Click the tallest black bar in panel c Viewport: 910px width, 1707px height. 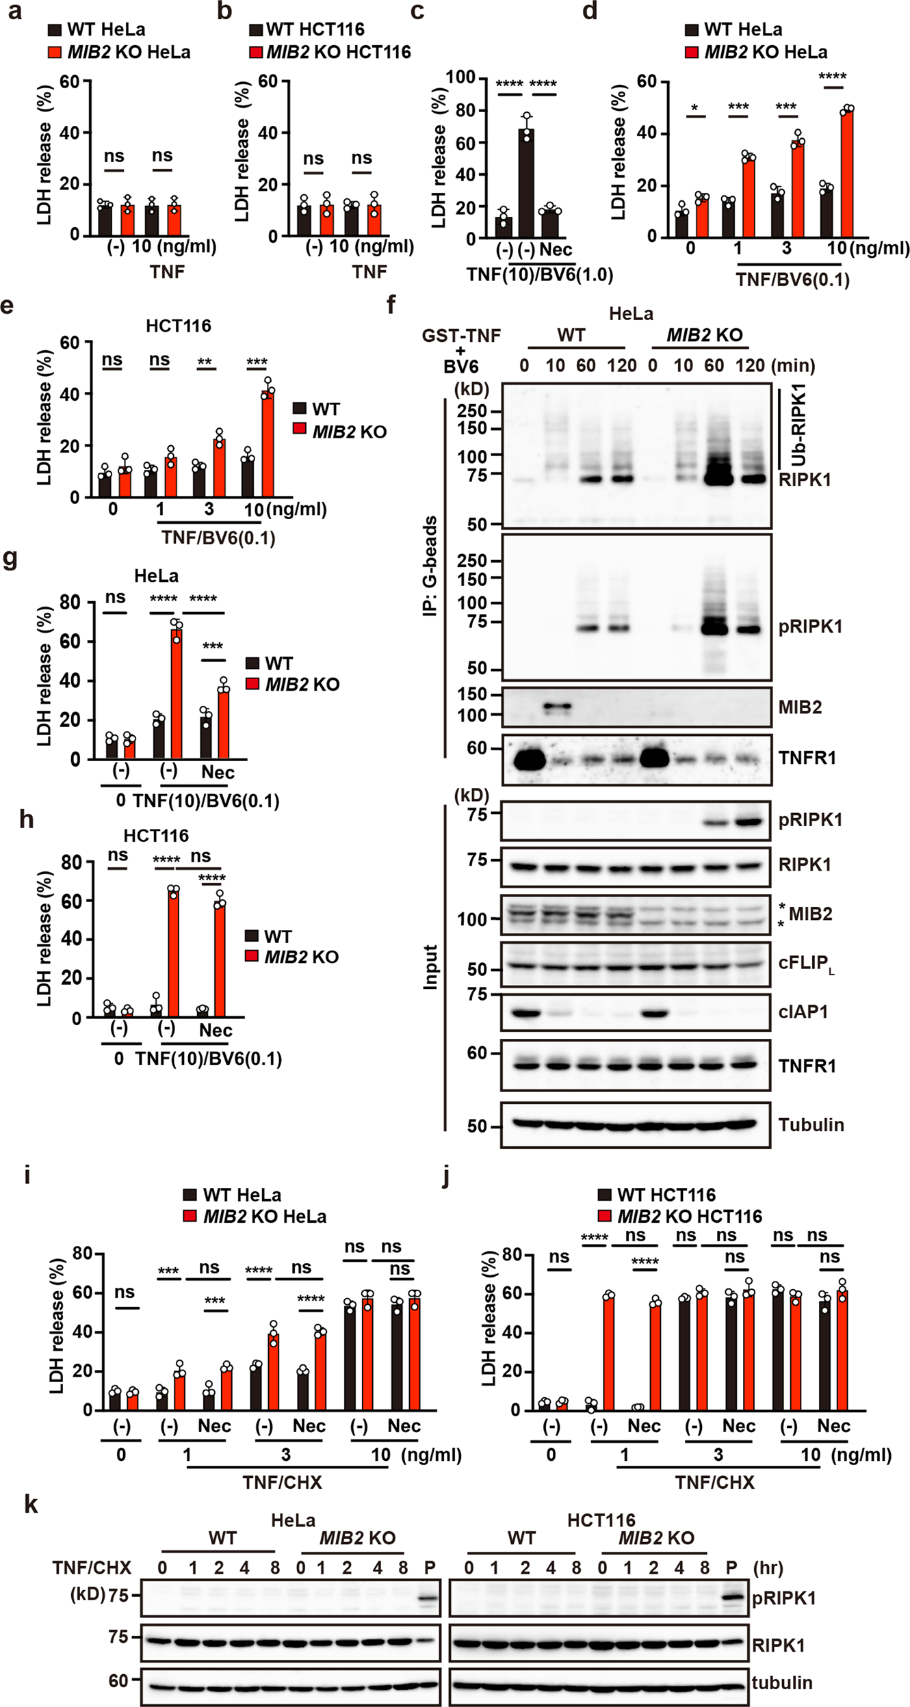pyautogui.click(x=526, y=182)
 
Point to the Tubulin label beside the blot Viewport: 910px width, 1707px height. pyautogui.click(x=811, y=1124)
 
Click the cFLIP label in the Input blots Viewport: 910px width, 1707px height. pyautogui.click(x=806, y=964)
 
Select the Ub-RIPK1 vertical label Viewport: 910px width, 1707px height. pyautogui.click(x=798, y=425)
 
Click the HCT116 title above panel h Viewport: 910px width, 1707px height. pyautogui.click(x=156, y=836)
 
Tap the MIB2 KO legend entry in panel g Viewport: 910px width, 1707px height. pyautogui.click(x=302, y=685)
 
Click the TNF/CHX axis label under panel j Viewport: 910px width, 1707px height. pyautogui.click(x=714, y=1482)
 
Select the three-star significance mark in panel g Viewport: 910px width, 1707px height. pyautogui.click(x=213, y=646)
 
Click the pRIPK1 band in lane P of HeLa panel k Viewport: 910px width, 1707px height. pyautogui.click(x=428, y=1599)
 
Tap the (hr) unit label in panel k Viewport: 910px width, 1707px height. pyautogui.click(x=768, y=1567)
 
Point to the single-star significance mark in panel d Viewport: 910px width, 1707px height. pyautogui.click(x=694, y=109)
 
